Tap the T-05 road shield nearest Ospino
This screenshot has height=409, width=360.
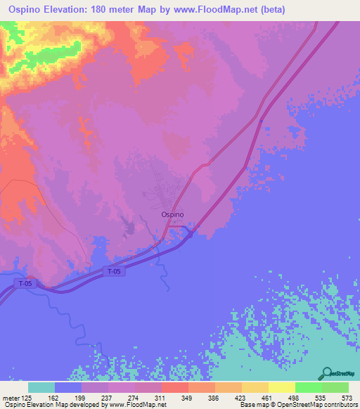click(x=115, y=271)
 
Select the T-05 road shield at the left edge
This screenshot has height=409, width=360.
click(x=25, y=283)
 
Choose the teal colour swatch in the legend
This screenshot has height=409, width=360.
click(x=41, y=387)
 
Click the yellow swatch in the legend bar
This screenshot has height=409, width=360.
click(x=282, y=387)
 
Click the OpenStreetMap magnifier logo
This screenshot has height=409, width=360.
click(x=327, y=374)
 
